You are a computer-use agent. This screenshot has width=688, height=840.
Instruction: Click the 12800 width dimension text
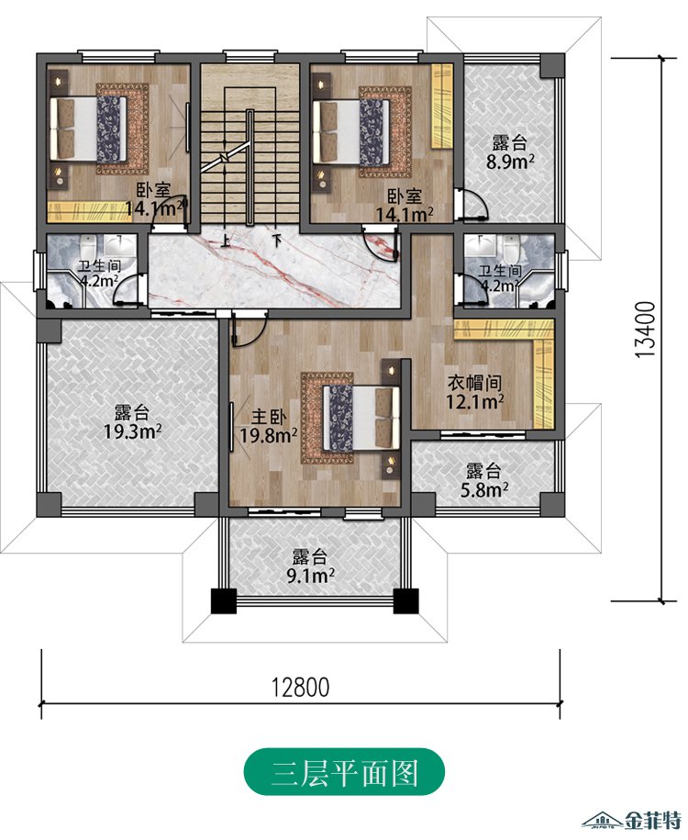coord(300,688)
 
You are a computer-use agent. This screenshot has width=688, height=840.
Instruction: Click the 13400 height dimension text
coord(646,330)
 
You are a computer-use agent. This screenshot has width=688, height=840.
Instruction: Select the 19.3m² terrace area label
coord(133,431)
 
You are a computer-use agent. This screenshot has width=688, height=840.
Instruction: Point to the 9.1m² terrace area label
coord(311,577)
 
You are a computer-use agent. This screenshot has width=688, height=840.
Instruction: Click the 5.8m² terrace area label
coord(484,489)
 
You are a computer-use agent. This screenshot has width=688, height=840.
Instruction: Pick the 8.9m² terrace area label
coord(510,162)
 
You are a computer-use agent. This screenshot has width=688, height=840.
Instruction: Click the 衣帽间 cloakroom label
coord(474,383)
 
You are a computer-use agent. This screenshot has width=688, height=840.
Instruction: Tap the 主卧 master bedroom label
coord(269,417)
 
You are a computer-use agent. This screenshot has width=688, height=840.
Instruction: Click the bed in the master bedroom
coord(361,418)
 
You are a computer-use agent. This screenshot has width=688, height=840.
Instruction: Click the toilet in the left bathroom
coord(88,247)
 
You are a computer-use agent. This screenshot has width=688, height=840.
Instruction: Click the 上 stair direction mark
coord(226,241)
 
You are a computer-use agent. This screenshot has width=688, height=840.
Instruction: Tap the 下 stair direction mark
coord(276,240)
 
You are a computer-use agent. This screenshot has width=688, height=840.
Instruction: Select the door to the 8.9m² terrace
coord(472,204)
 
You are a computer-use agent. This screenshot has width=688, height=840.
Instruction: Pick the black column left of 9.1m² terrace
coord(224,600)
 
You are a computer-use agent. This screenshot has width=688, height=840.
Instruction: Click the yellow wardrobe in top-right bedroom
coord(442,106)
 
